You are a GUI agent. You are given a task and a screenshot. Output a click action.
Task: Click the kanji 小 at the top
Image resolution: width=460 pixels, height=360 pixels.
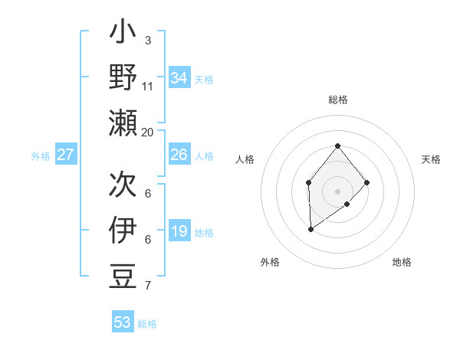click(x=123, y=34)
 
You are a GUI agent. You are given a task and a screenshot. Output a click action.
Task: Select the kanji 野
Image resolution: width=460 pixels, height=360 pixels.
click(x=123, y=78)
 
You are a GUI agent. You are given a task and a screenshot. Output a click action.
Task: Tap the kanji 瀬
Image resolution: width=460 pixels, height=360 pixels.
click(x=123, y=123)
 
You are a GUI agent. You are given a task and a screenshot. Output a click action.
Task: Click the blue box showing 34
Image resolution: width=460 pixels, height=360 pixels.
click(x=179, y=78)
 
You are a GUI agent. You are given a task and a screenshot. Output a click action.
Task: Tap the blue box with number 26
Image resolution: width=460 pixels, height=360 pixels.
click(x=179, y=155)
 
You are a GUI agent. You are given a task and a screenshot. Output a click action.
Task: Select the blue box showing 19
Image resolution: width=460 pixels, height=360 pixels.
click(x=179, y=231)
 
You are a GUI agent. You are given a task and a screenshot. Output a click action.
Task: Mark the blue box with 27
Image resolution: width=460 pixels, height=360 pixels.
click(x=65, y=155)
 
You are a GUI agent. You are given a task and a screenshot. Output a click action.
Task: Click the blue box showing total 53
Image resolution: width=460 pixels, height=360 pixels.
click(x=122, y=322)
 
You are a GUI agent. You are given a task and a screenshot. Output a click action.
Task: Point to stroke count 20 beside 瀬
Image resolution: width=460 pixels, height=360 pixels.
click(x=148, y=132)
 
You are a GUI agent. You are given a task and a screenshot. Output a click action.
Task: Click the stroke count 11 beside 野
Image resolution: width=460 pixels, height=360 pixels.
click(x=148, y=86)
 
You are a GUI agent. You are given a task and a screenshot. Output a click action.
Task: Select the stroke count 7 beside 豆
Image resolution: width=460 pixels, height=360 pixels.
click(x=148, y=286)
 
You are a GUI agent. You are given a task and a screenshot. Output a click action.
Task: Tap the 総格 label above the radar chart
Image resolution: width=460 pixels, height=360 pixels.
click(x=337, y=100)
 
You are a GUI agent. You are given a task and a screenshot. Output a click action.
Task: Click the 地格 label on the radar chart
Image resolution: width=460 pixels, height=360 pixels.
click(x=402, y=263)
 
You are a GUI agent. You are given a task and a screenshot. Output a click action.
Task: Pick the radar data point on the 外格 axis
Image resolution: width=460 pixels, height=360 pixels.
click(x=310, y=229)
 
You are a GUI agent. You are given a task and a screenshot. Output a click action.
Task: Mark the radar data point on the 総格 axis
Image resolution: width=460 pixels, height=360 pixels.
click(x=337, y=146)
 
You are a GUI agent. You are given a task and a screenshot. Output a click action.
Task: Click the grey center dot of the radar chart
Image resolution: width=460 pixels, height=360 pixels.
click(x=337, y=191)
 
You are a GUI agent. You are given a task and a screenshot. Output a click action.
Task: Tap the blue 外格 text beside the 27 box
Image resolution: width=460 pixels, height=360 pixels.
click(x=41, y=156)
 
